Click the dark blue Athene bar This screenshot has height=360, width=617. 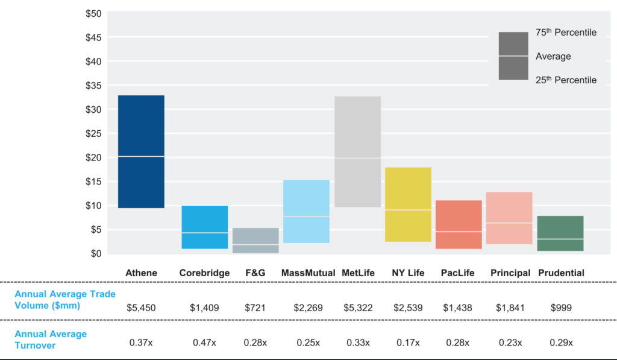click(x=141, y=151)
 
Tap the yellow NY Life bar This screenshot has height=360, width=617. click(x=408, y=204)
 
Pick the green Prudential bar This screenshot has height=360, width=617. click(x=560, y=233)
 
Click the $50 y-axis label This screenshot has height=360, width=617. click(x=93, y=13)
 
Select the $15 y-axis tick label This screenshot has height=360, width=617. click(x=93, y=182)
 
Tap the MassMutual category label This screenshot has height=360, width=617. click(x=308, y=273)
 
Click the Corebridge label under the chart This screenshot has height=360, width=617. click(x=204, y=273)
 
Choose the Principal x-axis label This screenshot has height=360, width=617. click(x=510, y=273)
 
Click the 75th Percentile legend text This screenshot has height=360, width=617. click(x=566, y=33)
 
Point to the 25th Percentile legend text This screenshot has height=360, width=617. click(x=566, y=80)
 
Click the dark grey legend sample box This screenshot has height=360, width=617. click(x=513, y=56)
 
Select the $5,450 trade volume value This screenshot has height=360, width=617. click(x=141, y=308)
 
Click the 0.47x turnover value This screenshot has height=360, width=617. click(x=204, y=343)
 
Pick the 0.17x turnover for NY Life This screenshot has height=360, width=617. click(x=408, y=343)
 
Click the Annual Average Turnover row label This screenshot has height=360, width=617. click(x=51, y=339)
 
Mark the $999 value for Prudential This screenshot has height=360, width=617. click(x=560, y=308)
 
